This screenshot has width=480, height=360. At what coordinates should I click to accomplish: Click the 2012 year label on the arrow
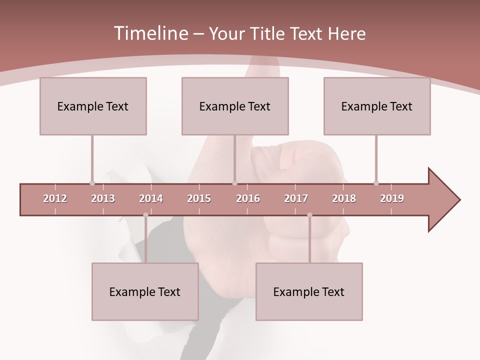(55, 198)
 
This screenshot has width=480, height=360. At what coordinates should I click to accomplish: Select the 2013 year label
(103, 198)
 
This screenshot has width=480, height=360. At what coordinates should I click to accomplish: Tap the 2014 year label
(151, 198)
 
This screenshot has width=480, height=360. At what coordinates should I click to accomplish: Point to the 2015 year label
(199, 198)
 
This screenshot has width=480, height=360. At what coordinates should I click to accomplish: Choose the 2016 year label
(248, 198)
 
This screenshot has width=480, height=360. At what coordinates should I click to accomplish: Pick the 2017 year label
(296, 198)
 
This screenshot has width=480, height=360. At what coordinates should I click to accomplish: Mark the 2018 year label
(344, 198)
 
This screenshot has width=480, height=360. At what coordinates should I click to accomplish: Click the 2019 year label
(392, 198)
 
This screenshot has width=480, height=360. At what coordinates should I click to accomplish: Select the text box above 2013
(93, 106)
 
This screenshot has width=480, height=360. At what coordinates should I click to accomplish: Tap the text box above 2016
(235, 106)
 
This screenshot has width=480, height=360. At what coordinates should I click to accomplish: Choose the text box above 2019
(377, 106)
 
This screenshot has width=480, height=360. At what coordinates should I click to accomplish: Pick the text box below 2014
(145, 291)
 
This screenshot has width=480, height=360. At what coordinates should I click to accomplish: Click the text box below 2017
(309, 291)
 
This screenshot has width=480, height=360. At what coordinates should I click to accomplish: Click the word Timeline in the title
(149, 33)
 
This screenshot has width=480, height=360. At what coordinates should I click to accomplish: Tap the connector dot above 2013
(92, 183)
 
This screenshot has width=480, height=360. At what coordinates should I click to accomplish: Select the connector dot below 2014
(145, 215)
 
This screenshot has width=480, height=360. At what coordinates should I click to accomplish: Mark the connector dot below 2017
(309, 215)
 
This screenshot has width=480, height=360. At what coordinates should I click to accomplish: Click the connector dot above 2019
(376, 183)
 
